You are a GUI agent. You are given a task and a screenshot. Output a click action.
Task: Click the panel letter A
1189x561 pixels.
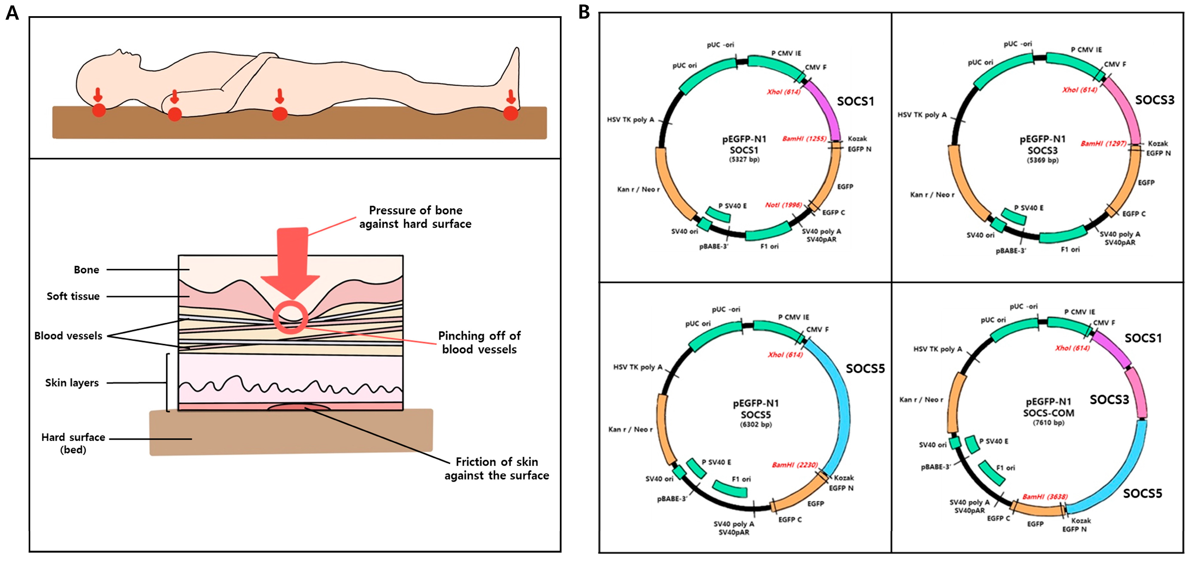(13, 13)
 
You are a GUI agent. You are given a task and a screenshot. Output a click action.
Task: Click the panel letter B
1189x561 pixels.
(584, 12)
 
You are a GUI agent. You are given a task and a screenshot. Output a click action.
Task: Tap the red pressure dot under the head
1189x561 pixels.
(99, 110)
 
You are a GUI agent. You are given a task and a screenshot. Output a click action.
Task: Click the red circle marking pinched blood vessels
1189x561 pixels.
(290, 317)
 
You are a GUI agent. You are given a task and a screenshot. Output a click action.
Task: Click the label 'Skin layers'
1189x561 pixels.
(72, 383)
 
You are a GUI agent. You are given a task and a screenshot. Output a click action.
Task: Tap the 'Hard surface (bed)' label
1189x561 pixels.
(73, 443)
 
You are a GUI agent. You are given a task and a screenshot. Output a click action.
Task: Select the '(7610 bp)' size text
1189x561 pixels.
(1048, 423)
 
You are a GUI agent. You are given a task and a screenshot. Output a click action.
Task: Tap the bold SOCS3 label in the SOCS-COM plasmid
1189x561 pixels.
(1109, 400)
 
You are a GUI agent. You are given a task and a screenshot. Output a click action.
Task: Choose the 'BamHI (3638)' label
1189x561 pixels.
(1045, 496)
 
